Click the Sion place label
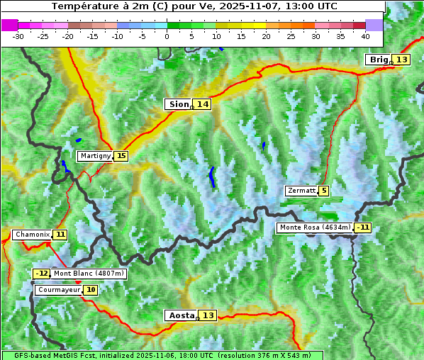coord(178,104)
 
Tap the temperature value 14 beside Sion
coord(203,104)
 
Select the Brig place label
coord(378,60)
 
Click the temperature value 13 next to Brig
coord(402,60)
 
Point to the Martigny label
coord(95,156)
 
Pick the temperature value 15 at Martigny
coord(121,156)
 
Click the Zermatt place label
coord(301,191)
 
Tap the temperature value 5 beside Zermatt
coord(324,191)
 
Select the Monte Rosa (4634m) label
coord(315,227)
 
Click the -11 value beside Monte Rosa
coord(363,227)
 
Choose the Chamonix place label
coord(32,235)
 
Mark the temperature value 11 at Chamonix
coord(60,235)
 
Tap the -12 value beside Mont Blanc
coord(42,274)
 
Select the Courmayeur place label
coord(58,290)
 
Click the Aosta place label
coord(180,315)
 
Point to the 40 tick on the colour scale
coord(365,35)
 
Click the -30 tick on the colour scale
coord(18,35)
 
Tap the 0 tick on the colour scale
coord(167,35)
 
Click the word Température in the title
coord(83,6)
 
